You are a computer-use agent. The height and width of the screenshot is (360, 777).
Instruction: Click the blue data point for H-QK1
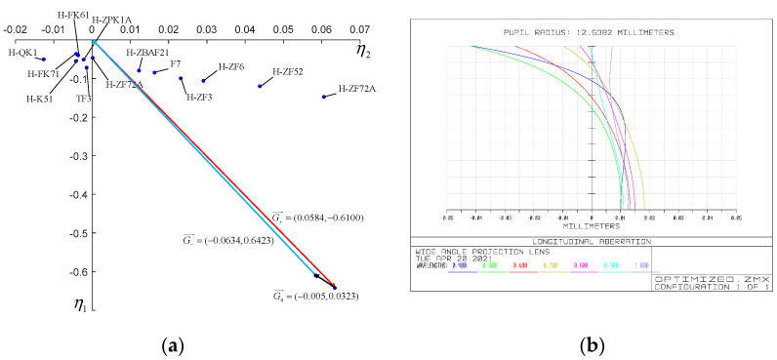click(x=43, y=60)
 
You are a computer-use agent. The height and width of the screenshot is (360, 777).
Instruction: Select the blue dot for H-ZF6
click(x=203, y=81)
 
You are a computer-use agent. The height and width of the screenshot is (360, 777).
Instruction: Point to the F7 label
click(x=176, y=63)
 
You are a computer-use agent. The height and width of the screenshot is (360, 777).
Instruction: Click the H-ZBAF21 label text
click(x=147, y=52)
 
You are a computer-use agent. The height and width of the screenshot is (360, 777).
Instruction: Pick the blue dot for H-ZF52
click(x=260, y=87)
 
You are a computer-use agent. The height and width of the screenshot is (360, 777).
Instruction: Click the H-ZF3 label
click(x=198, y=97)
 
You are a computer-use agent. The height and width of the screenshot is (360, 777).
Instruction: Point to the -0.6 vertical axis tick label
click(x=75, y=271)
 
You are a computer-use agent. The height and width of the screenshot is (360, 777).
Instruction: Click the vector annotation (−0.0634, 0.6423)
click(x=231, y=237)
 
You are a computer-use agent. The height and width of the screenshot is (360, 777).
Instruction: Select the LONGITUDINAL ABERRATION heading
click(x=592, y=241)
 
